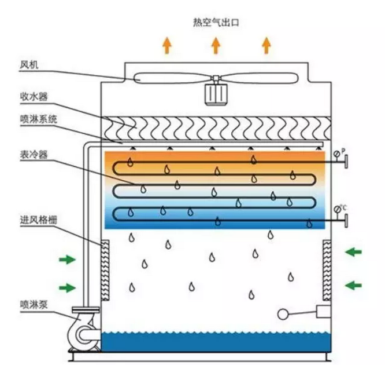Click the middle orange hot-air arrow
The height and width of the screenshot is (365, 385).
pyautogui.click(x=216, y=45)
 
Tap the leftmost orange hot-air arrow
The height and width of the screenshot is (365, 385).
pyautogui.click(x=166, y=45)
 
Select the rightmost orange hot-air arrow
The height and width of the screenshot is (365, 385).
pyautogui.click(x=266, y=45)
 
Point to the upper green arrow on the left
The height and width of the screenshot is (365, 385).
pyautogui.click(x=68, y=260)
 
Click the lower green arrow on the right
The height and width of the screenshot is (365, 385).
pyautogui.click(x=353, y=284)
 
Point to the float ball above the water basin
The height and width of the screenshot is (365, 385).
pyautogui.click(x=284, y=315)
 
